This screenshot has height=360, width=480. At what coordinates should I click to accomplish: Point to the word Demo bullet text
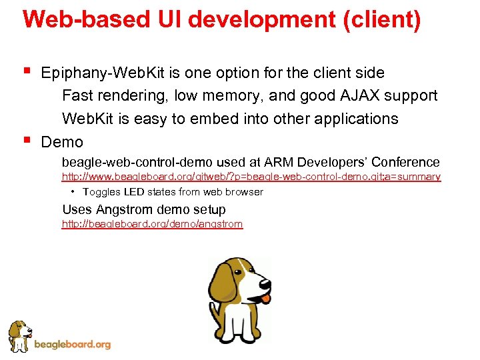pyautogui.click(x=62, y=142)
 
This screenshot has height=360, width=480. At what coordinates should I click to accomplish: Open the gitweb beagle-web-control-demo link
pyautogui.click(x=251, y=177)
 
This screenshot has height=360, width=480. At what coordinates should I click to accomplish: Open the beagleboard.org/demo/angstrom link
pyautogui.click(x=152, y=225)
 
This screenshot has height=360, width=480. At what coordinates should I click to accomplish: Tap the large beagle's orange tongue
pyautogui.click(x=265, y=299)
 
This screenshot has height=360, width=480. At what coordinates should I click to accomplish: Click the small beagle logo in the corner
pyautogui.click(x=19, y=335)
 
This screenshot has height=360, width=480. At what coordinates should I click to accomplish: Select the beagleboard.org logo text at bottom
pyautogui.click(x=72, y=345)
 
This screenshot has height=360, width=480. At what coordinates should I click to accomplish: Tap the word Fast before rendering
pyautogui.click(x=77, y=96)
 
